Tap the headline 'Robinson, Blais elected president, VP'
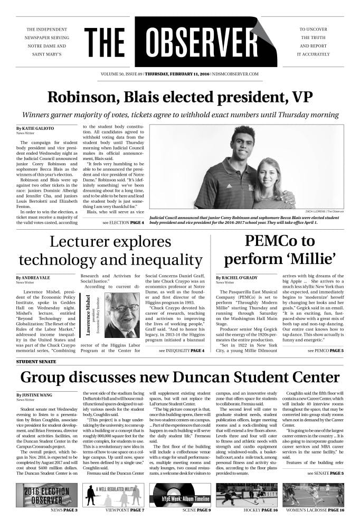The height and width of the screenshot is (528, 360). click(x=179, y=98)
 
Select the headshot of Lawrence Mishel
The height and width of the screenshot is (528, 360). click(x=122, y=315)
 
